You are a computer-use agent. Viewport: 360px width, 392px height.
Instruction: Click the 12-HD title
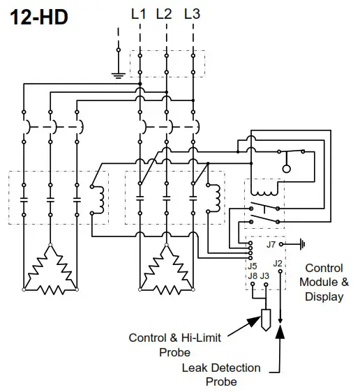39,17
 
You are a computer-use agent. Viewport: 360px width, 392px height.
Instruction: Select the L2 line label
165,13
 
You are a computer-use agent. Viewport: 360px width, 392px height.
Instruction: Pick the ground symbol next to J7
301,245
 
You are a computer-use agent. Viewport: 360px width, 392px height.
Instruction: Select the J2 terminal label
278,263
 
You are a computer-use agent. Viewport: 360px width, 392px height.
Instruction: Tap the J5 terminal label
252,266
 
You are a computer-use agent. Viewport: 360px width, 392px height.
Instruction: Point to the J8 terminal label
252,276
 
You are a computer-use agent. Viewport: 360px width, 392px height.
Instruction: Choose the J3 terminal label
264,276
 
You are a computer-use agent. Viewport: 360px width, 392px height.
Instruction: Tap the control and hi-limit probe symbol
265,319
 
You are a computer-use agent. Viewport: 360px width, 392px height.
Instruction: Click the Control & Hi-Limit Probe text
175,345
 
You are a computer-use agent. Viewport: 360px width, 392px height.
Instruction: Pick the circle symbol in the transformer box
285,169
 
